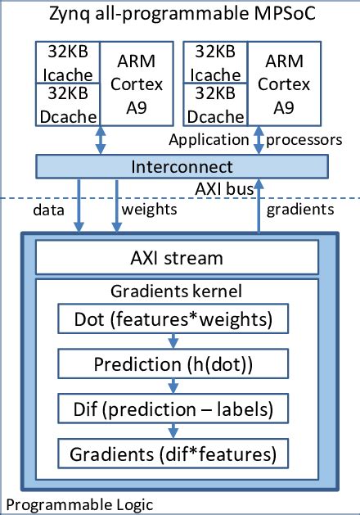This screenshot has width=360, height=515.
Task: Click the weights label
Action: [149, 210]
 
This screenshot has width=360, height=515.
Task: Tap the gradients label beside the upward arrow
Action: [301, 210]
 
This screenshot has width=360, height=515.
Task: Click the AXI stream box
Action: [178, 259]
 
